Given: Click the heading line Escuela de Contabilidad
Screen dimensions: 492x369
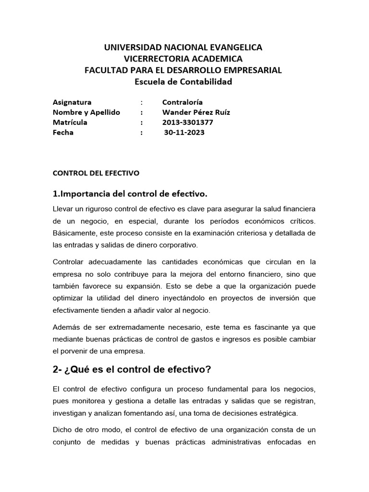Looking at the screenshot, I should pos(184,82).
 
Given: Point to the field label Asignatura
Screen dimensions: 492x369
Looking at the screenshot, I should pos(72,102).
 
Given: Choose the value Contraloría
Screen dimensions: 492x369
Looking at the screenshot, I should pos(183,102).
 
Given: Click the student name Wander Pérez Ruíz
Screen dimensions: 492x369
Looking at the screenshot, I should pos(196,112).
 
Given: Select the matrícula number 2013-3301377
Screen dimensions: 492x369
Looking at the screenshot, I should pos(187,122).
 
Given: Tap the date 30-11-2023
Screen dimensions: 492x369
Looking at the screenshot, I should pos(184,133).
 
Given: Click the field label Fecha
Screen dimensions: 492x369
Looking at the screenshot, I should pos(63,133).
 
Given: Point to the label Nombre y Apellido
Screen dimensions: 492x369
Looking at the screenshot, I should pos(86,112).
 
